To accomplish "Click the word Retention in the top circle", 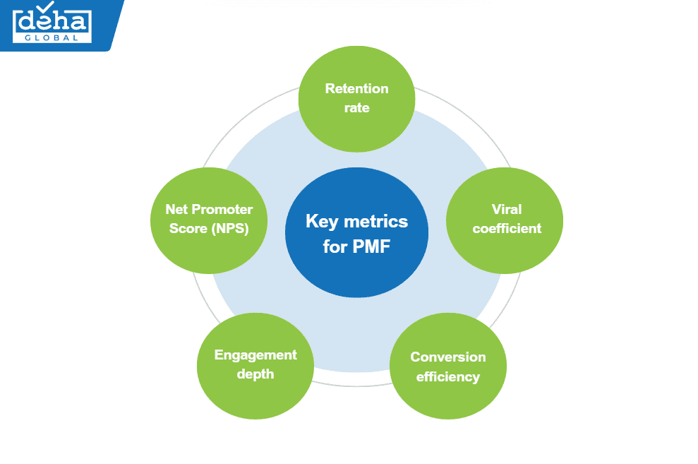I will click(x=356, y=88).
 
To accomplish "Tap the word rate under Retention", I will click(x=356, y=108).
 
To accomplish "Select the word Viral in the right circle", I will click(x=506, y=209).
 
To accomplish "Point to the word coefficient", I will click(x=507, y=228).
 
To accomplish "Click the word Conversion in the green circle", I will click(x=448, y=357).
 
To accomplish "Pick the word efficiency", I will click(x=448, y=376).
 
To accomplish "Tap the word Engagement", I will click(x=255, y=355).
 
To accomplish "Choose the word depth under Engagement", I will click(x=255, y=374).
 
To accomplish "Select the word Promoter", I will click(x=222, y=209).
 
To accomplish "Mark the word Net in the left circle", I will click(x=176, y=209).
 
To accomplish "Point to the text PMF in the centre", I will click(x=371, y=247).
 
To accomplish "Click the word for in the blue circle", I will click(x=335, y=247).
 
